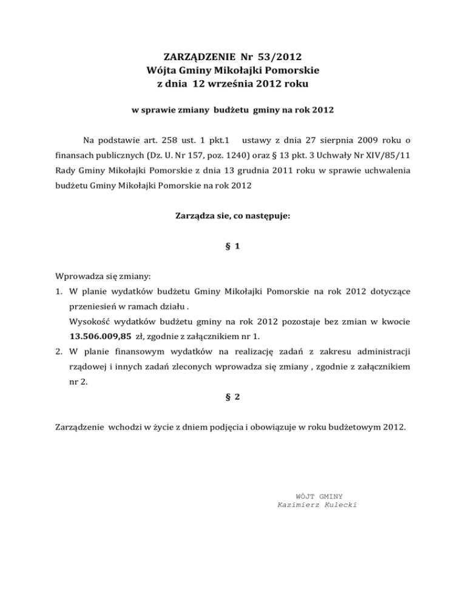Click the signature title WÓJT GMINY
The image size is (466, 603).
(x=317, y=496)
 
